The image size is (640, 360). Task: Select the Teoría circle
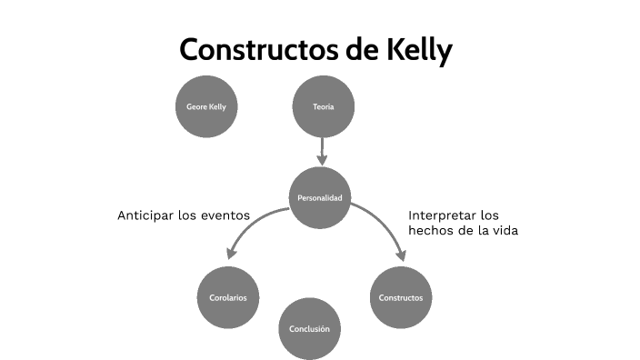[x=323, y=107]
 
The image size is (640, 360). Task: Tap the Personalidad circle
[x=320, y=197]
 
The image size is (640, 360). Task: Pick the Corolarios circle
[x=228, y=297]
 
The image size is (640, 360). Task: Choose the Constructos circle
[x=400, y=297]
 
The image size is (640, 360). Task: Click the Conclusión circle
[x=309, y=328]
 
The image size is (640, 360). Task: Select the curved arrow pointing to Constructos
[x=382, y=223]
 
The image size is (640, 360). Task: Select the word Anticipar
[x=146, y=216]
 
